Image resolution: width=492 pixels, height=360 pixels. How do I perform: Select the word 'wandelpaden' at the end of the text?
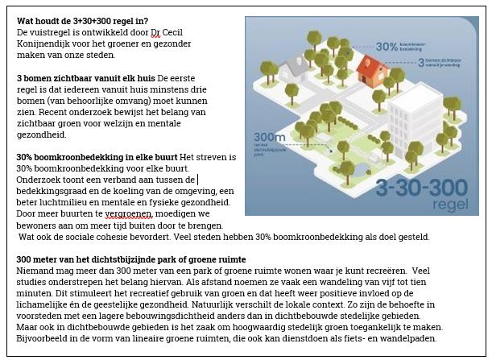coord(410,349)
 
